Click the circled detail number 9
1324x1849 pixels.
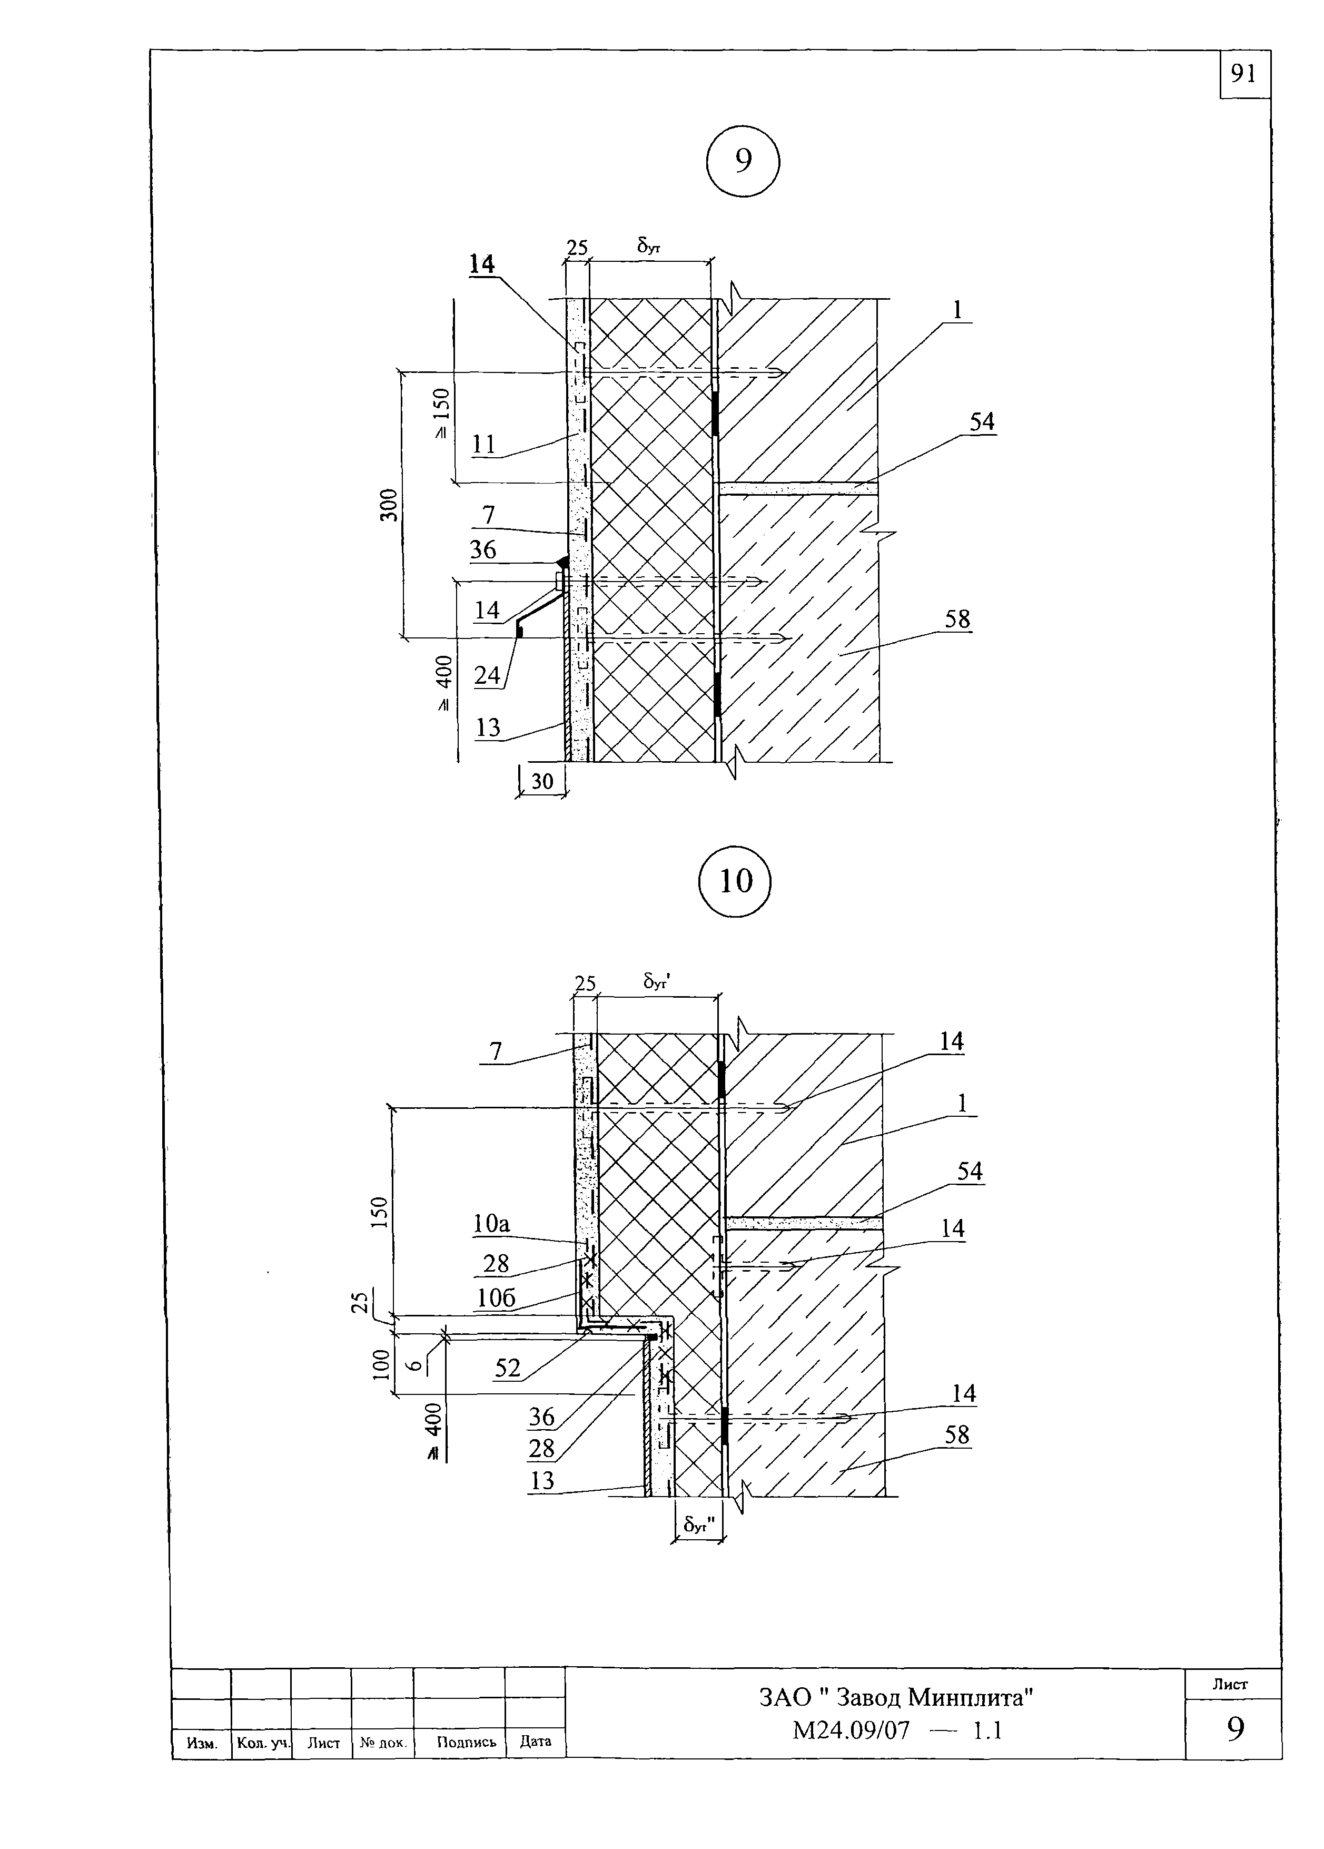743,161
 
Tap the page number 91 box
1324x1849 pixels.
1245,74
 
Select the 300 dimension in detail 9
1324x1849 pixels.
391,505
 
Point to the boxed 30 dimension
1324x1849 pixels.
542,781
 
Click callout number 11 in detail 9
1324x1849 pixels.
485,444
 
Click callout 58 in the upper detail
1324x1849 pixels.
958,619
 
